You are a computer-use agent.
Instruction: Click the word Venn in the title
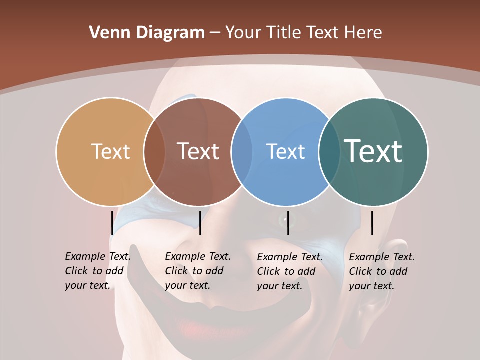108,33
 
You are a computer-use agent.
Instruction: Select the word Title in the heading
284,33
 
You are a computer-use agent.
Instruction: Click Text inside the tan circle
110,151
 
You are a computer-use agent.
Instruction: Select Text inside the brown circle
198,151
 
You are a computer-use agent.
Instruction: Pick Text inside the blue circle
285,152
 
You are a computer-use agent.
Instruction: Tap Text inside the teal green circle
373,151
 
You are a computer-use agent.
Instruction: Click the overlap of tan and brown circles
154,152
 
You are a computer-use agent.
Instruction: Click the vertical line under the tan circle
112,223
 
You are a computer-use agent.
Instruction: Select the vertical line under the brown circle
200,223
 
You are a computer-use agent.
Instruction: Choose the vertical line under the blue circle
288,223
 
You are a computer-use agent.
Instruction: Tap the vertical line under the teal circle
372,223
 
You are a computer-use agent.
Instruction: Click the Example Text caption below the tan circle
97,271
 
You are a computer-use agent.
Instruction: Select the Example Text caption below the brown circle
197,271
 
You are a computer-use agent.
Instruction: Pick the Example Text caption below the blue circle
289,271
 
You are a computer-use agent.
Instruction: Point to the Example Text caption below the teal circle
381,271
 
